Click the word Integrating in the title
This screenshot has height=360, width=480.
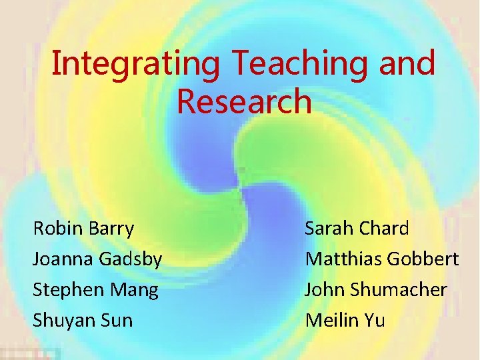click(135, 65)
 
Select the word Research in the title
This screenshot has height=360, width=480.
click(244, 102)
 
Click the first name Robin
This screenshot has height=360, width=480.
click(57, 229)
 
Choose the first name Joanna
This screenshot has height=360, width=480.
click(64, 260)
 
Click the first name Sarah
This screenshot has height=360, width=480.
click(328, 229)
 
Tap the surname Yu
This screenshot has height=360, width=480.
click(375, 320)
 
